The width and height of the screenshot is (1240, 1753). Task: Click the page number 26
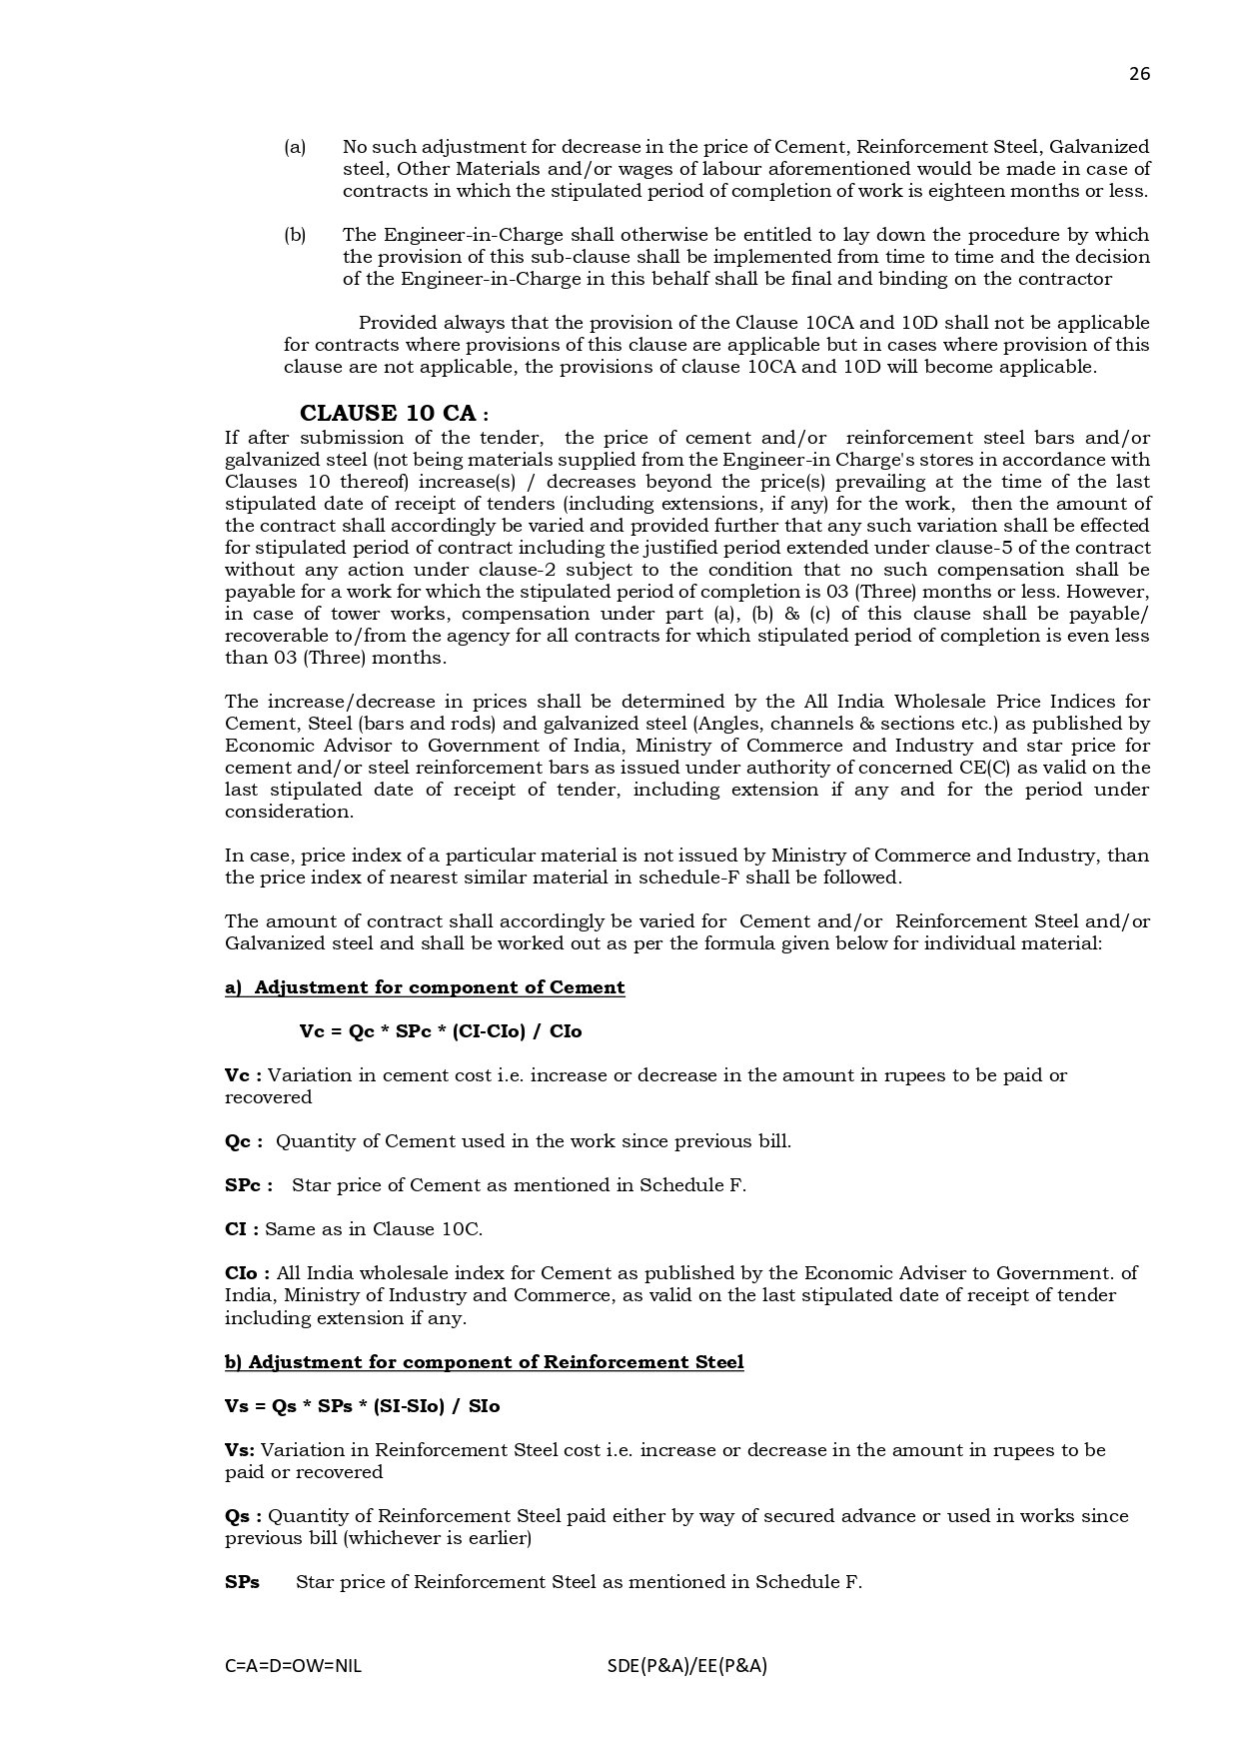pyautogui.click(x=1139, y=74)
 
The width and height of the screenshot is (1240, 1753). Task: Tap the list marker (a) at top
pyautogui.click(x=295, y=147)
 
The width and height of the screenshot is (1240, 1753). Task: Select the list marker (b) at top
pyautogui.click(x=295, y=235)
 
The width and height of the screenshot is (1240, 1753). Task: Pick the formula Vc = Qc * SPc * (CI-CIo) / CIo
pyautogui.click(x=440, y=1031)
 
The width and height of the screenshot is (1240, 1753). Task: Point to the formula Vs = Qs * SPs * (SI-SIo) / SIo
pyautogui.click(x=362, y=1405)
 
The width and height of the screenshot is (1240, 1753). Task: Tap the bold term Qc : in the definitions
pyautogui.click(x=244, y=1141)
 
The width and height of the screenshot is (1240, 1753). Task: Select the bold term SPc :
pyautogui.click(x=249, y=1185)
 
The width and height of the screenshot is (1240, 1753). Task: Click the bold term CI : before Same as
pyautogui.click(x=242, y=1229)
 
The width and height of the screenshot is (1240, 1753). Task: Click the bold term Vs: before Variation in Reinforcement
pyautogui.click(x=240, y=1449)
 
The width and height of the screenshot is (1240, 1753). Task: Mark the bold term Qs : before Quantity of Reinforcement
pyautogui.click(x=243, y=1515)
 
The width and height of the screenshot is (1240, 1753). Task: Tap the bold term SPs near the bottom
pyautogui.click(x=242, y=1581)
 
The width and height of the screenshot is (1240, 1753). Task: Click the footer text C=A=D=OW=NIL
pyautogui.click(x=293, y=1666)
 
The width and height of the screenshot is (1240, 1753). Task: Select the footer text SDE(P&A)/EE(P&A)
pyautogui.click(x=686, y=1666)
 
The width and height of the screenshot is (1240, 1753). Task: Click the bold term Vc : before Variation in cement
pyautogui.click(x=243, y=1075)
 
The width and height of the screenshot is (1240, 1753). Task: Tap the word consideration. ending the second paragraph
pyautogui.click(x=289, y=812)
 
